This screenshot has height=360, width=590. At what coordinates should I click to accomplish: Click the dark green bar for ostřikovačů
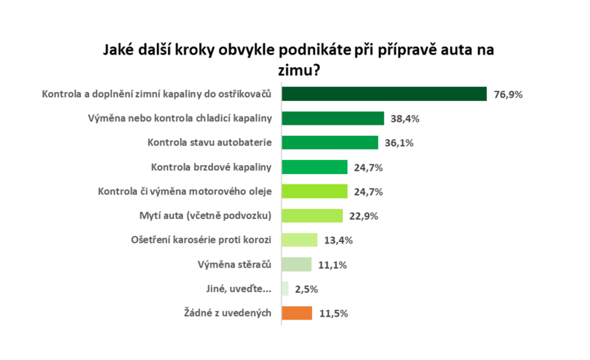383,94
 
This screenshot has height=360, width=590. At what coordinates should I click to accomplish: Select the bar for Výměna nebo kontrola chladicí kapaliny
333,118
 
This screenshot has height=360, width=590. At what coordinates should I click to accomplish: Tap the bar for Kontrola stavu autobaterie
329,142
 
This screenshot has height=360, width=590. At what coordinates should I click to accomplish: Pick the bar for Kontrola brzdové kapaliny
314,167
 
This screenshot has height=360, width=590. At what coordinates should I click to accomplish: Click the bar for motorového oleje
314,191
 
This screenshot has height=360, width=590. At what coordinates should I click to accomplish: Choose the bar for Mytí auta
312,215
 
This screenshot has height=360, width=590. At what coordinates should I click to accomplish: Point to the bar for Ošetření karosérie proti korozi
299,240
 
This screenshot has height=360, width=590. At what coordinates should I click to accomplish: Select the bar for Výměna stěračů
296,264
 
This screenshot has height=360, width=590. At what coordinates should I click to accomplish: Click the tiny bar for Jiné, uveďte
285,288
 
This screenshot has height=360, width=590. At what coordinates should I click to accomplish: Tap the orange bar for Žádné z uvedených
297,313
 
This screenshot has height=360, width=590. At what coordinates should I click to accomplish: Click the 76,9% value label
508,94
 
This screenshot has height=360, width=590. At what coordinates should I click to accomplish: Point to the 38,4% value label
406,118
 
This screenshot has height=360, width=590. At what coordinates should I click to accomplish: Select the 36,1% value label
399,142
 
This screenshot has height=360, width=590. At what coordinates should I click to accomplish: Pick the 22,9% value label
364,215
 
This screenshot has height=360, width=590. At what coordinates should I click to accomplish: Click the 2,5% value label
306,288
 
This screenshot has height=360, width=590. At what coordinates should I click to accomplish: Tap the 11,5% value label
334,313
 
